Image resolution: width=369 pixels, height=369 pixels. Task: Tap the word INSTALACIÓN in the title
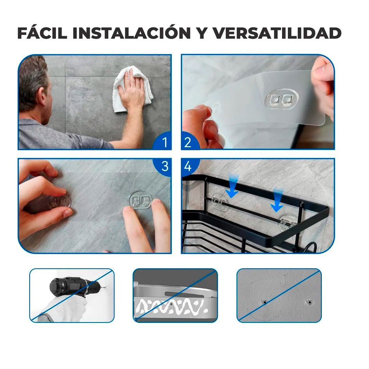click(132, 33)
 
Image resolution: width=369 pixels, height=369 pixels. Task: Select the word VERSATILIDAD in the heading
click(277, 33)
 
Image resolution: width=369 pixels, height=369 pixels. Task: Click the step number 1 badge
click(165, 142)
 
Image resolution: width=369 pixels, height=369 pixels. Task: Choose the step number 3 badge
click(165, 166)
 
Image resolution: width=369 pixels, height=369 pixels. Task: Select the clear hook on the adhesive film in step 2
click(281, 99)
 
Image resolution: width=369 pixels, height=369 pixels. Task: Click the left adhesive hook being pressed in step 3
click(59, 202)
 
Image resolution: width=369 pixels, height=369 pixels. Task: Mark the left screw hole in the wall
click(264, 302)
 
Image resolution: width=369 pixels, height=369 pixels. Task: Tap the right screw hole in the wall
click(309, 302)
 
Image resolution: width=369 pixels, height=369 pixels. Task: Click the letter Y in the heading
click(202, 33)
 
